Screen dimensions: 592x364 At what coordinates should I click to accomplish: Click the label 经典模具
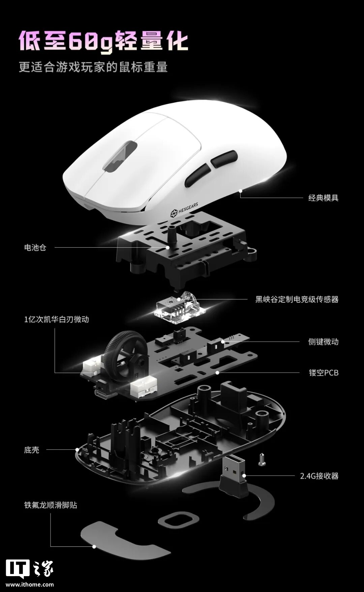(x=323, y=198)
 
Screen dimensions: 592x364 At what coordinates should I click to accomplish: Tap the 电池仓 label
(x=35, y=248)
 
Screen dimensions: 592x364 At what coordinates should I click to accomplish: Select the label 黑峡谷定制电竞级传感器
(x=297, y=299)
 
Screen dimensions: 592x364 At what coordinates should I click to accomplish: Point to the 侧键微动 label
(x=323, y=342)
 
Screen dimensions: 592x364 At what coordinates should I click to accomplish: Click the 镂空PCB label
(x=324, y=373)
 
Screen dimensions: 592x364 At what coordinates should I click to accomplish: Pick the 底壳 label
(x=32, y=450)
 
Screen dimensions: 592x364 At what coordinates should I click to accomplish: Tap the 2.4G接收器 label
(x=319, y=476)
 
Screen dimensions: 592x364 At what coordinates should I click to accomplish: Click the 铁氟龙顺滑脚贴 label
(x=51, y=505)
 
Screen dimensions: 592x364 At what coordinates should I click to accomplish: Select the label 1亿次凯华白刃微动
(x=56, y=319)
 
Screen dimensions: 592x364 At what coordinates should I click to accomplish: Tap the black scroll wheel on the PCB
(x=121, y=354)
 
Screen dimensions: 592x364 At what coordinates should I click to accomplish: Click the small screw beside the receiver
(x=261, y=459)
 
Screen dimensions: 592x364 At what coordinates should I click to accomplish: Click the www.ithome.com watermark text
(x=30, y=584)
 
